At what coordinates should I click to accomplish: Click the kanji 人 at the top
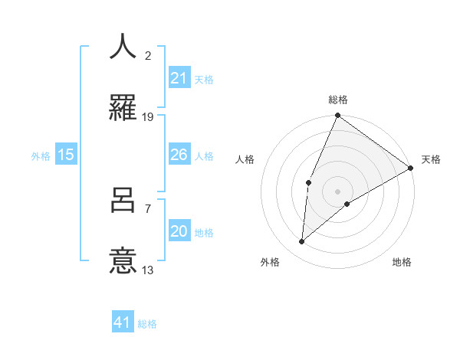click(x=123, y=47)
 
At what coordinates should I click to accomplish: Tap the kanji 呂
click(x=123, y=201)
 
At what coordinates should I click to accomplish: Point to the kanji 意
click(x=123, y=261)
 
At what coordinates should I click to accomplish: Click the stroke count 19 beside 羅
click(x=148, y=117)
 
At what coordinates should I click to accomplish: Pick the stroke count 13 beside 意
click(x=148, y=270)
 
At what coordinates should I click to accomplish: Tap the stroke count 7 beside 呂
click(x=148, y=208)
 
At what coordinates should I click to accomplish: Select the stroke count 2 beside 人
click(x=148, y=56)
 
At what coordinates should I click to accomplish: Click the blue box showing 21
click(x=179, y=78)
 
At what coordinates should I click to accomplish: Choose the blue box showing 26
click(x=179, y=155)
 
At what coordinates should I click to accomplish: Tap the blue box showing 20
click(x=179, y=231)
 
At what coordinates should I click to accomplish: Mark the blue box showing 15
click(x=66, y=155)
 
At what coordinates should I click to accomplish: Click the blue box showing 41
click(x=123, y=322)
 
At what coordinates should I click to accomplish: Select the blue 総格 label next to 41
click(x=147, y=324)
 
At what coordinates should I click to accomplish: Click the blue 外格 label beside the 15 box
click(x=41, y=155)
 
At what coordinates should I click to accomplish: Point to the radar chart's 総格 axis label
click(x=338, y=100)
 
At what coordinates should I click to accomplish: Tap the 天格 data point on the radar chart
click(x=411, y=168)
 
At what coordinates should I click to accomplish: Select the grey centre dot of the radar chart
click(x=337, y=191)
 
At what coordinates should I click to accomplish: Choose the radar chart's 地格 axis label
click(x=402, y=262)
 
